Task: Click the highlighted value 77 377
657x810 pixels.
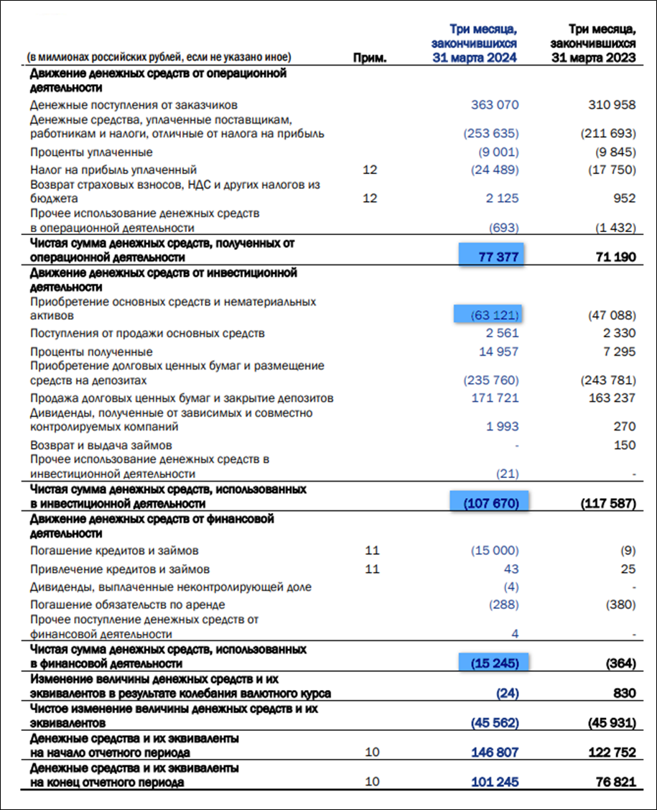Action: pos(493,257)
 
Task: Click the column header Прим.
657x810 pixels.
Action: pos(370,58)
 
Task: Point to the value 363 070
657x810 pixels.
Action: pos(494,105)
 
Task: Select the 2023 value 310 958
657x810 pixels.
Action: pos(611,105)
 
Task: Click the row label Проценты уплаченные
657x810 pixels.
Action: pos(91,152)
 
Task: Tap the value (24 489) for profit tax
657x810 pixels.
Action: pos(494,170)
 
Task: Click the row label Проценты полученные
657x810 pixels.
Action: pos(91,352)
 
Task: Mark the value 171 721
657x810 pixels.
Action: pos(494,397)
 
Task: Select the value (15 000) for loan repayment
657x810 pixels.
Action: pos(494,551)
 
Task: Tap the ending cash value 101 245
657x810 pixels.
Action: pos(494,782)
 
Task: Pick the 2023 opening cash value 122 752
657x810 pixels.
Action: pos(611,753)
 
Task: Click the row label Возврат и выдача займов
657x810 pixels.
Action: pos(101,446)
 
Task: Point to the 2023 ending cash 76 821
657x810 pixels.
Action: pos(615,782)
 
